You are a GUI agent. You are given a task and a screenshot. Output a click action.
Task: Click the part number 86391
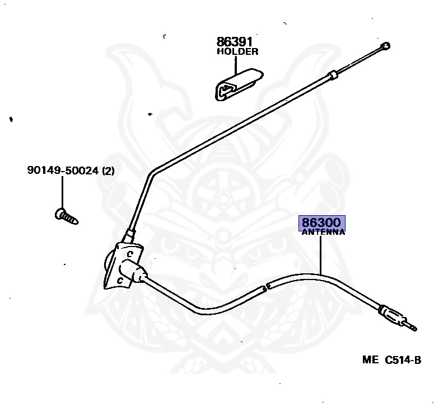coord(234,42)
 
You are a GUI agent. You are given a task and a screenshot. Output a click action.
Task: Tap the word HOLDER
coord(237,52)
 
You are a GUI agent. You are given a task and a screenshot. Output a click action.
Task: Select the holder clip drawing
coord(236,84)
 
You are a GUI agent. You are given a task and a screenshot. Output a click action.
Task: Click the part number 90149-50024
coord(63,170)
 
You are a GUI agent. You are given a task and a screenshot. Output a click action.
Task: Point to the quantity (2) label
coord(108,170)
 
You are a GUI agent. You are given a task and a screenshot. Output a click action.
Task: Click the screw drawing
coord(67,215)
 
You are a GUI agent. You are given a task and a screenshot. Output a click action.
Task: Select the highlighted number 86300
coord(322,222)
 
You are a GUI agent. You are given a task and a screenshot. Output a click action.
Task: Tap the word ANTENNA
coord(323,233)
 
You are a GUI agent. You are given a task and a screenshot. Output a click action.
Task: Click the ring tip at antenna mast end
coord(385,46)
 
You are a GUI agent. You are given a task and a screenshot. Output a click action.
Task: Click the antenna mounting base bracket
coord(123,265)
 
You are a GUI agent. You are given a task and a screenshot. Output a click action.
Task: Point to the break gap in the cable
coord(266,287)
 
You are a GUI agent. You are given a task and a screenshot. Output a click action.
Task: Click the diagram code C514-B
coord(403,360)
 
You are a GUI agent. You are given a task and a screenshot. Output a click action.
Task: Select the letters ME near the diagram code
coord(370,360)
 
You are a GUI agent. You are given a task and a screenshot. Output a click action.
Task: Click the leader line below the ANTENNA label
coord(321,254)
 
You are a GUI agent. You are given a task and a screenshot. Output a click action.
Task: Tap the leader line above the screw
coord(62,193)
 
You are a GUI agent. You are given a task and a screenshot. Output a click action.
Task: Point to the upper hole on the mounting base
coord(128,253)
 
